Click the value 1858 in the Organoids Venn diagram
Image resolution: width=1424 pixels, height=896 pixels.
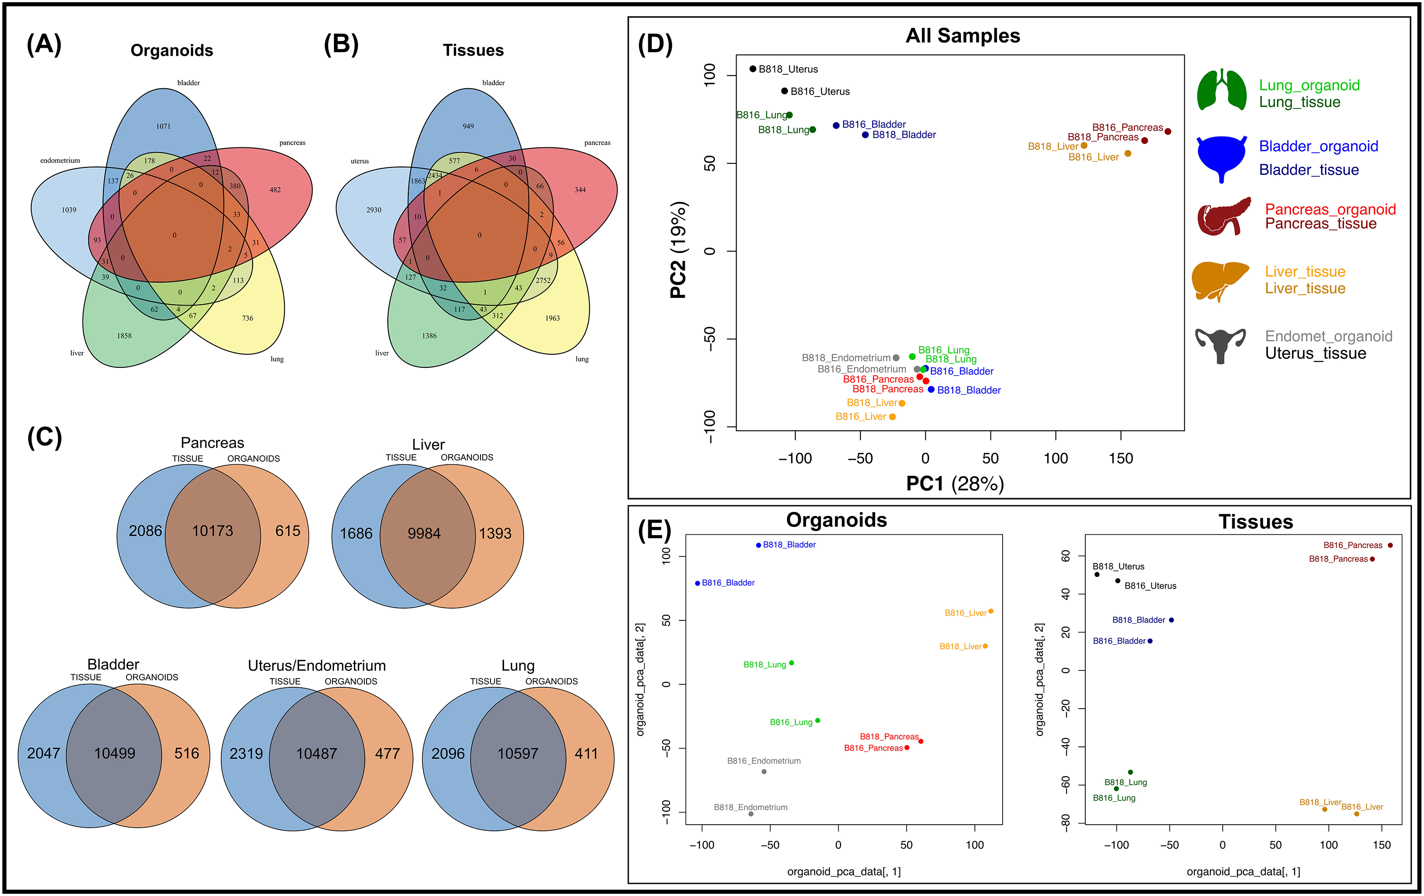124,336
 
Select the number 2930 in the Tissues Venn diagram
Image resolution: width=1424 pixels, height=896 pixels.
374,210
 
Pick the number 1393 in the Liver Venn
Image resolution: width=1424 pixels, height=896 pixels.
495,533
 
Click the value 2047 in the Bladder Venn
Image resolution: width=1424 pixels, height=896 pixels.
44,753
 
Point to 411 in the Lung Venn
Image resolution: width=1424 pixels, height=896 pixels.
586,753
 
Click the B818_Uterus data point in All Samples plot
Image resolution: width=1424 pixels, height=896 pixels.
753,69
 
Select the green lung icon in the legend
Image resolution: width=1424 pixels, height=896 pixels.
1221,90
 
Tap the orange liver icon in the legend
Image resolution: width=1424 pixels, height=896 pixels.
1219,280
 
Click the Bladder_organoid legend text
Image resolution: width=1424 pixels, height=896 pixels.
1318,146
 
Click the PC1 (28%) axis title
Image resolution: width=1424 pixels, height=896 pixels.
954,484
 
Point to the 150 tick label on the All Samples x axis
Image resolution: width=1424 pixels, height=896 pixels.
1121,458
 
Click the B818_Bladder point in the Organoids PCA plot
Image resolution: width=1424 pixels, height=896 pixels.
759,545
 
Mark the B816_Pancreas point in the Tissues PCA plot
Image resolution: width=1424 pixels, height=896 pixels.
1390,545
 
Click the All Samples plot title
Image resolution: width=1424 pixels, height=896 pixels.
963,36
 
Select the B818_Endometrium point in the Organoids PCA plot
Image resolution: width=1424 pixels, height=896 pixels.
751,814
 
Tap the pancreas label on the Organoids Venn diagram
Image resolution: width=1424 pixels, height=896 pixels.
292,143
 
